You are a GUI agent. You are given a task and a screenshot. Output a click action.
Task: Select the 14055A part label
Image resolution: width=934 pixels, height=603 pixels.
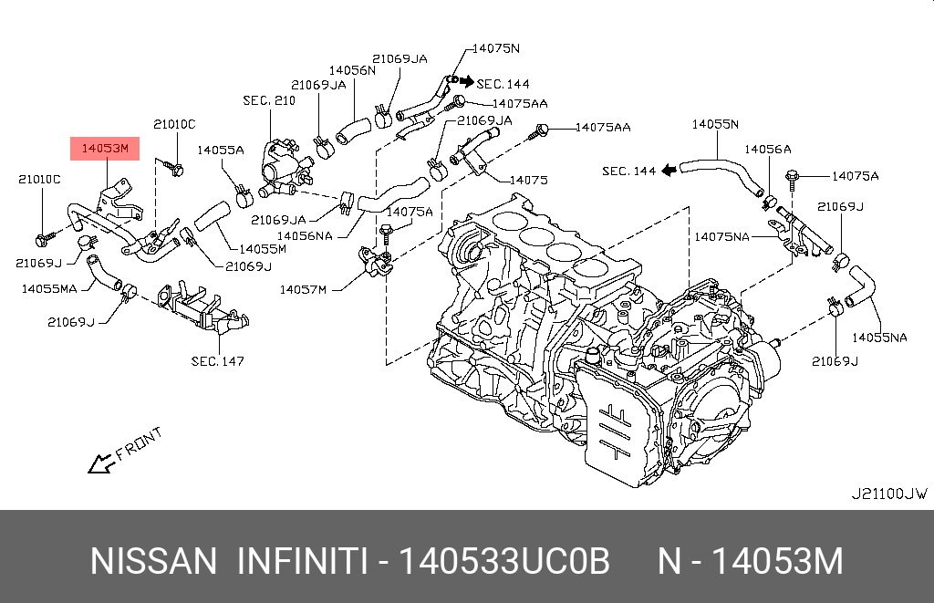pyautogui.click(x=221, y=151)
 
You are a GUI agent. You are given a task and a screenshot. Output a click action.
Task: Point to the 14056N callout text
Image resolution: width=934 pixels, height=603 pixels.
pyautogui.click(x=352, y=69)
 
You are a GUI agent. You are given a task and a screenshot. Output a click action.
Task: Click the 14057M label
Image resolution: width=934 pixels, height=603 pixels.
pyautogui.click(x=303, y=289)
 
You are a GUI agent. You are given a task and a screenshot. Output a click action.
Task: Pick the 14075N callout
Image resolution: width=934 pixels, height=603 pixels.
pyautogui.click(x=495, y=47)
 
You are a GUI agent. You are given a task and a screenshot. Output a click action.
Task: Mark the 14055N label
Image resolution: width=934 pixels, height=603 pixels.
pyautogui.click(x=715, y=124)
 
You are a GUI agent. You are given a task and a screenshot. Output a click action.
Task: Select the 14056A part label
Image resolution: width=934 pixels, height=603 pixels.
pyautogui.click(x=767, y=149)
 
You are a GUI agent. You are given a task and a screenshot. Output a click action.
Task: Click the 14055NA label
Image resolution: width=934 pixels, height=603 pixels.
pyautogui.click(x=879, y=338)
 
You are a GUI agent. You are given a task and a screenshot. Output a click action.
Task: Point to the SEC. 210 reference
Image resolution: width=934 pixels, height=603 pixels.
pyautogui.click(x=269, y=100)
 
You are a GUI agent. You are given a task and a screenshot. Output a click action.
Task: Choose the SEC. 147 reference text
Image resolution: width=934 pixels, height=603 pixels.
pyautogui.click(x=217, y=361)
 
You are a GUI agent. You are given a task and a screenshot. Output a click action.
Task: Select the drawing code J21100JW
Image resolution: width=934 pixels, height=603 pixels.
pyautogui.click(x=888, y=494)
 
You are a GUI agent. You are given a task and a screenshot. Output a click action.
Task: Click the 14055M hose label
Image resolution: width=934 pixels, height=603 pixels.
pyautogui.click(x=263, y=248)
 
